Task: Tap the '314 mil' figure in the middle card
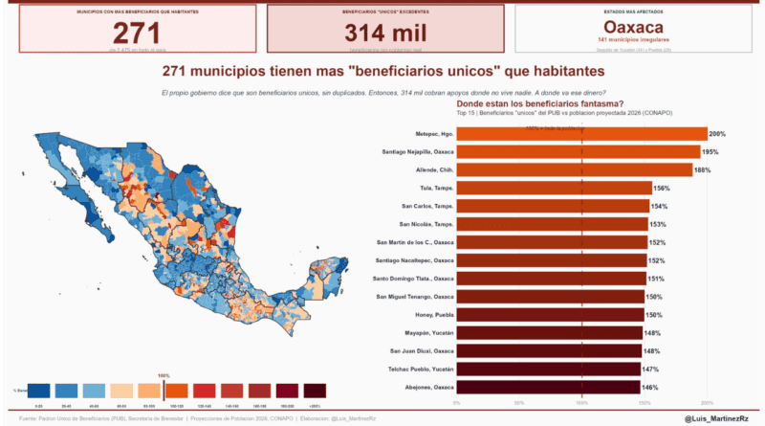click(384, 33)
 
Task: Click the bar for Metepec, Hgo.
click(581, 134)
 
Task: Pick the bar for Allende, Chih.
click(574, 170)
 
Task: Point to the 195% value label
click(710, 152)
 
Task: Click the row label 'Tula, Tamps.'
click(436, 189)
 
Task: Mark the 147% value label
click(650, 369)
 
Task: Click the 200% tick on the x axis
click(708, 402)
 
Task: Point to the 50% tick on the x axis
click(519, 402)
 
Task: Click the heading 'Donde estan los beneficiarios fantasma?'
click(540, 103)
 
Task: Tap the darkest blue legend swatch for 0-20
click(40, 391)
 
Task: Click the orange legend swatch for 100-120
click(177, 391)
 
